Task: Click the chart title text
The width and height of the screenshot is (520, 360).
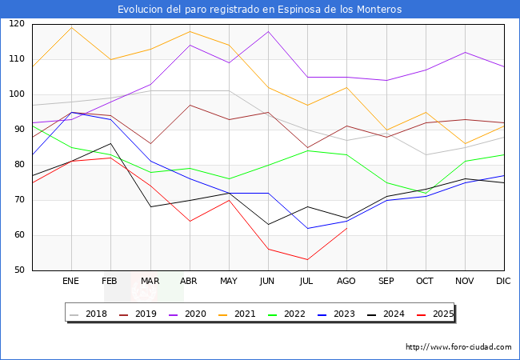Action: [259, 10]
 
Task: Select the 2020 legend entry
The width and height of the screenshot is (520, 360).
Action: [198, 314]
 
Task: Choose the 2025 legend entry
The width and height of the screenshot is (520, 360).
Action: [439, 314]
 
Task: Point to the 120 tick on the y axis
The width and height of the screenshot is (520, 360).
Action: [16, 24]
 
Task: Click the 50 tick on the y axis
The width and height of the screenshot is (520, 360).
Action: [18, 270]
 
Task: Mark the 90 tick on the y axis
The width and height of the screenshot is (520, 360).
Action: [18, 130]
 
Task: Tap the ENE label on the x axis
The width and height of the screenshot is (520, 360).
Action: [71, 282]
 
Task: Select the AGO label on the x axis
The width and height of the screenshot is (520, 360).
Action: [346, 282]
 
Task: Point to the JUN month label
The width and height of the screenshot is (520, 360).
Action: [268, 282]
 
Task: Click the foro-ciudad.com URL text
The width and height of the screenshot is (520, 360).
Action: [458, 347]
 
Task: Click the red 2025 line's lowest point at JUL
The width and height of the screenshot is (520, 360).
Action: [307, 260]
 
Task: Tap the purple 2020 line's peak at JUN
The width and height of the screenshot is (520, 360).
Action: [268, 31]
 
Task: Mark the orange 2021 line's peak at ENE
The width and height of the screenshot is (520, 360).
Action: [71, 28]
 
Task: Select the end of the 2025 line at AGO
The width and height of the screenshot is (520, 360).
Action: [346, 228]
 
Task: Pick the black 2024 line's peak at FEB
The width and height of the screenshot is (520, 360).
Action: [110, 144]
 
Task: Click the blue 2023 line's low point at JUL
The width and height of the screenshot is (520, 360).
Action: [307, 228]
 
